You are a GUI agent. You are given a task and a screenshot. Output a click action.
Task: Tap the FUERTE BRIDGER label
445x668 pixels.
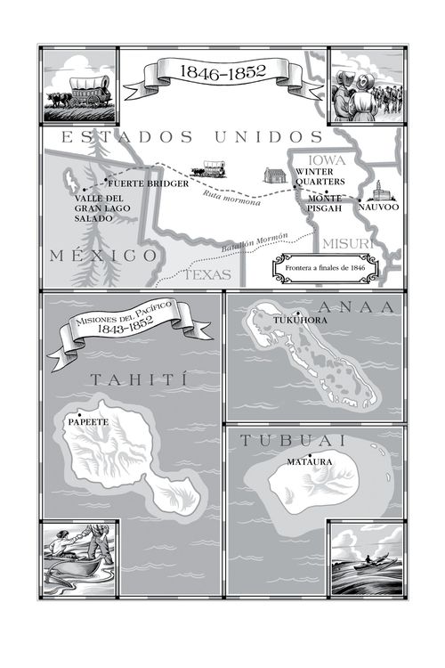point(148,183)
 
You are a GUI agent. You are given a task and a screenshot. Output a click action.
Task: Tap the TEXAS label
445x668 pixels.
point(207,275)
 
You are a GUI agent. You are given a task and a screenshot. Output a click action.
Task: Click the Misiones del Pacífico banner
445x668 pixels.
point(117,333)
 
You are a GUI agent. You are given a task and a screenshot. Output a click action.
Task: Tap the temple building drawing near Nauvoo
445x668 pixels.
point(380,193)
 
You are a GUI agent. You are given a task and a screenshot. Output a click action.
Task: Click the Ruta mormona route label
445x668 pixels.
point(231,198)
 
